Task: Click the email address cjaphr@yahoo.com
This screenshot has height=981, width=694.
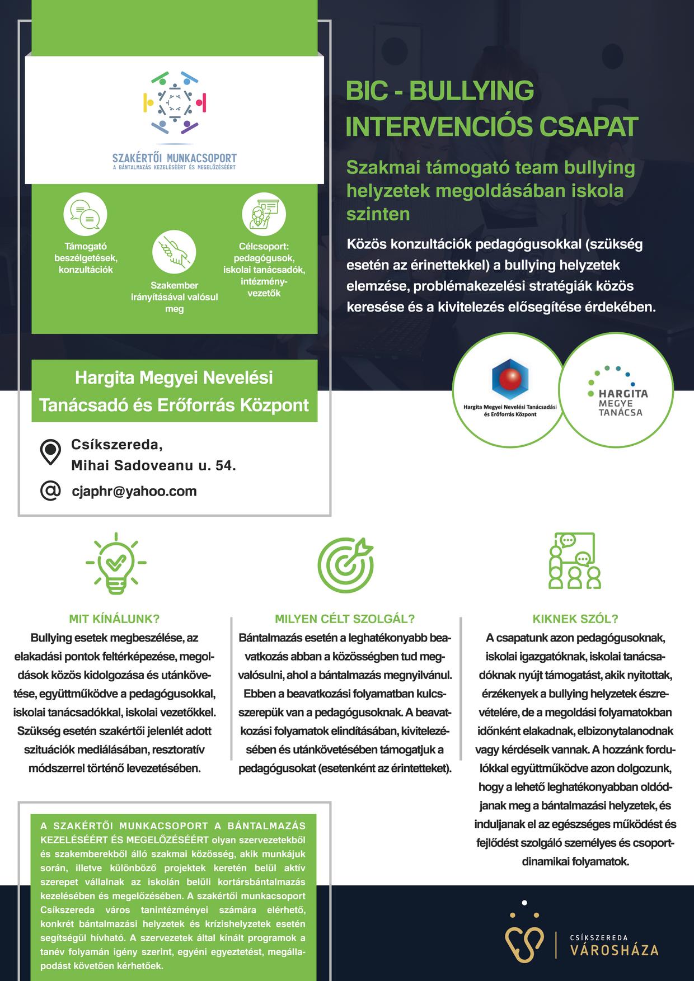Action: [x=134, y=491]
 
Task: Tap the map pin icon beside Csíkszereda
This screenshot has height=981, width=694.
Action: [x=50, y=452]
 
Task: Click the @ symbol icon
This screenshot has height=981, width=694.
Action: [x=50, y=490]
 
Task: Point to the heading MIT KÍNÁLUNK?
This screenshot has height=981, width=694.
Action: [x=114, y=619]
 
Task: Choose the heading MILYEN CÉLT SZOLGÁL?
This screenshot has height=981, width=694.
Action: [x=345, y=619]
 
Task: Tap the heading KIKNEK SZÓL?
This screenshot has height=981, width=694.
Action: [x=575, y=619]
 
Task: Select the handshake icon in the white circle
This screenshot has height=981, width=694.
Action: [x=174, y=251]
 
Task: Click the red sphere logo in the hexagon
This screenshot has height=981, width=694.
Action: [x=510, y=381]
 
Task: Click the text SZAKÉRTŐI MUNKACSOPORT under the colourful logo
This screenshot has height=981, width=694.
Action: [x=174, y=158]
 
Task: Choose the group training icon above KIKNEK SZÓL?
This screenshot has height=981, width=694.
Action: [x=575, y=560]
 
